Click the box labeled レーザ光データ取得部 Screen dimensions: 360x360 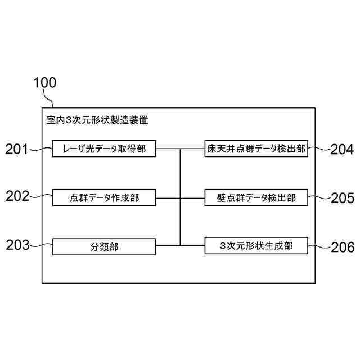tap(104, 148)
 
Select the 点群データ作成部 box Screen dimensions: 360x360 tap(104, 197)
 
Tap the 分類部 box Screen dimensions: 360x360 tap(104, 246)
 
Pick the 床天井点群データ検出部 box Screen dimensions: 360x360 tap(256, 148)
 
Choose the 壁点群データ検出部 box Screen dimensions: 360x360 tap(256, 197)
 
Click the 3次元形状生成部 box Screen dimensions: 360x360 tap(256, 246)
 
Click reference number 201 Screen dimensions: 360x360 tap(17, 149)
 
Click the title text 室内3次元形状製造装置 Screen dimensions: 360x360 tap(97, 120)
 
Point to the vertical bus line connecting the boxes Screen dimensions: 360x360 tap(180, 197)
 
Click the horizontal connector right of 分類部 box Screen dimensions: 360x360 tap(168, 245)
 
